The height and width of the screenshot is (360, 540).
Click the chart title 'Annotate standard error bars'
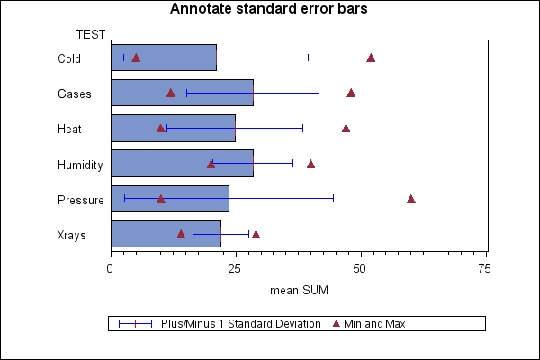pyautogui.click(x=269, y=10)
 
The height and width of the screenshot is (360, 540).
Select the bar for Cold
pyautogui.click(x=163, y=58)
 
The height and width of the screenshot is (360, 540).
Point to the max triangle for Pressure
pyautogui.click(x=411, y=199)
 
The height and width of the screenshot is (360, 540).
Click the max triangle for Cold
pyautogui.click(x=371, y=58)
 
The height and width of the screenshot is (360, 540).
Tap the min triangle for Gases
pyautogui.click(x=171, y=93)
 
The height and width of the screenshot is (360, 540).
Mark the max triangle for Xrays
pyautogui.click(x=256, y=234)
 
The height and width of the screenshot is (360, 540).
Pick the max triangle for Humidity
pyautogui.click(x=310, y=164)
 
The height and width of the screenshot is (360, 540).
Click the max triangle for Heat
pyautogui.click(x=346, y=128)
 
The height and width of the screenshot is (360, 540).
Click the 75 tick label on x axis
pyautogui.click(x=484, y=268)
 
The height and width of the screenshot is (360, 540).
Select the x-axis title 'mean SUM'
pyautogui.click(x=299, y=290)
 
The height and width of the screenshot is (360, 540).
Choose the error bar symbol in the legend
pyautogui.click(x=135, y=323)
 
